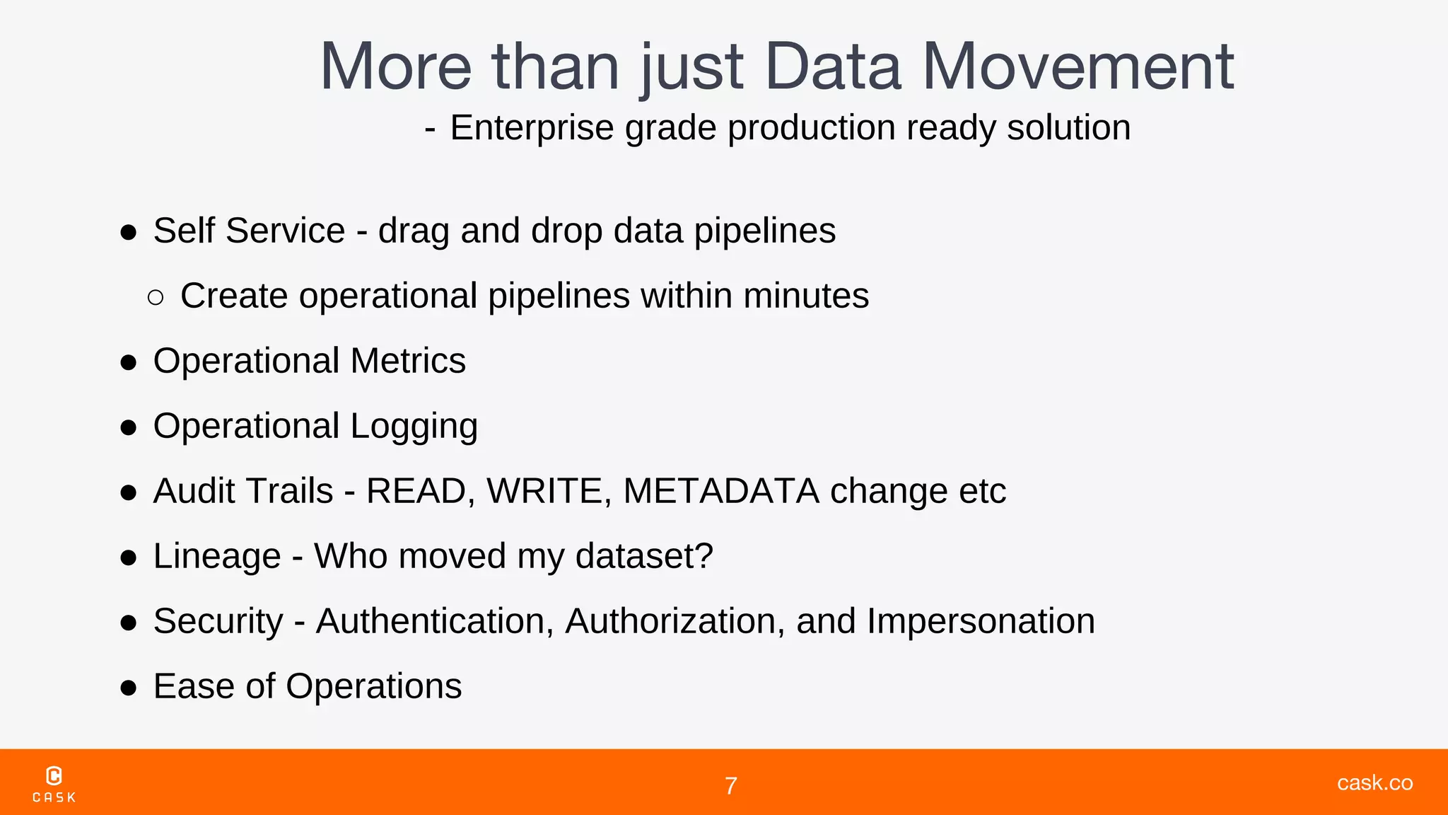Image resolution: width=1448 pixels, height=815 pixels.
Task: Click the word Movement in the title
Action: tap(1078, 67)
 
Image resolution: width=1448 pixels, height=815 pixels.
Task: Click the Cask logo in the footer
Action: tap(54, 784)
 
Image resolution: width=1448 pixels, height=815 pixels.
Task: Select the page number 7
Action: tap(731, 786)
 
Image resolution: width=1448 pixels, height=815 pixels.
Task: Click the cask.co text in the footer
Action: tap(1374, 782)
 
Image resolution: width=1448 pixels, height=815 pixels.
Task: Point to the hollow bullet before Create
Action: tap(156, 297)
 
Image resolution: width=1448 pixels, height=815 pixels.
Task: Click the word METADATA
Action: tap(720, 491)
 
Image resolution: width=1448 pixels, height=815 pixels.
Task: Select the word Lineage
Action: tap(217, 557)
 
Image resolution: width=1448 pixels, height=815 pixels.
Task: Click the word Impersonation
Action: tap(981, 621)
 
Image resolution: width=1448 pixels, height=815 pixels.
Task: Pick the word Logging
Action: tap(414, 427)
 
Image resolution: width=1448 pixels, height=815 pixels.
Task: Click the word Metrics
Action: tap(408, 361)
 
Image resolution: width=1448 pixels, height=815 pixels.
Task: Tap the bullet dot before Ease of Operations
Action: tap(128, 688)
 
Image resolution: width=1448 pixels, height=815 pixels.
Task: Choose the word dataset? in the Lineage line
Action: tap(644, 556)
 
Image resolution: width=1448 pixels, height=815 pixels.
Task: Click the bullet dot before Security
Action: tap(128, 623)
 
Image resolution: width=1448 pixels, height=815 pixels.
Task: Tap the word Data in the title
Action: tap(833, 67)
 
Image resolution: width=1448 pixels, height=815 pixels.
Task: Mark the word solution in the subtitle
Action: tap(1068, 128)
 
